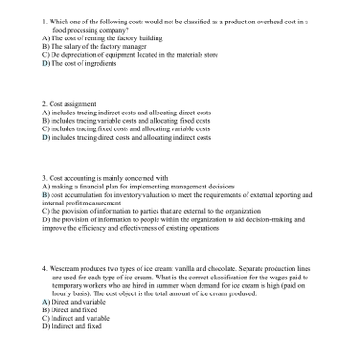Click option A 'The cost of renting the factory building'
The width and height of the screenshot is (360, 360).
click(x=94, y=37)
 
